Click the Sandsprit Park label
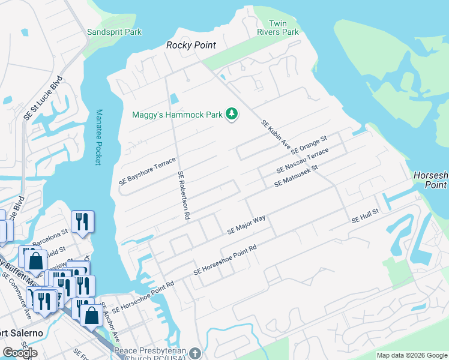click(x=114, y=32)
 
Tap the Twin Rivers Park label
click(x=278, y=27)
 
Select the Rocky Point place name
click(x=190, y=46)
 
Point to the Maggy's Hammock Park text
click(x=176, y=114)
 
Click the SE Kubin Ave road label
click(x=276, y=135)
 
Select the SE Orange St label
click(x=309, y=145)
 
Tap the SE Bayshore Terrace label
click(x=147, y=171)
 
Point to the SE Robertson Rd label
click(x=184, y=195)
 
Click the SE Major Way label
click(x=246, y=225)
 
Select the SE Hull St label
click(x=366, y=217)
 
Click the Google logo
click(x=20, y=353)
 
